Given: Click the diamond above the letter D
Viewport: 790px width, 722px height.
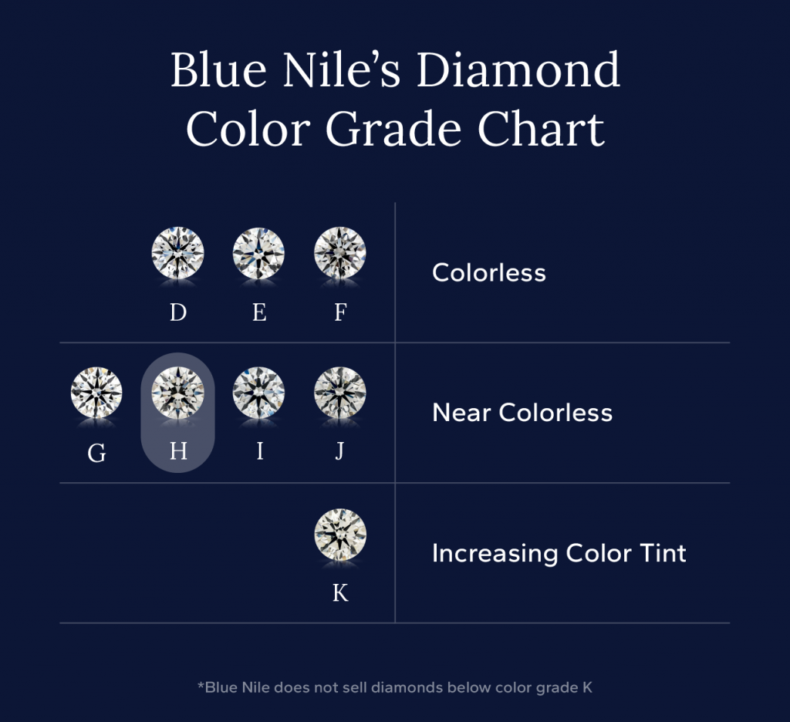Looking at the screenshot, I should (x=178, y=253).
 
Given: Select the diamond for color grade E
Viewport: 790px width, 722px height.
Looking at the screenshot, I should (x=259, y=253).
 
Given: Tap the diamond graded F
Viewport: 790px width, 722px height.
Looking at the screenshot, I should (x=340, y=253).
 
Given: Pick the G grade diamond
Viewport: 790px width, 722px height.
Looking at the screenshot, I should (x=96, y=393).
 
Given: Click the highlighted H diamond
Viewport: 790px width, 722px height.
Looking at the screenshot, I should (x=178, y=393).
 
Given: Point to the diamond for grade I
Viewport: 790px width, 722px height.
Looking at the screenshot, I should (x=259, y=393).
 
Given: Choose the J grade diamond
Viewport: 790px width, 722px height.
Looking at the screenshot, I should (x=340, y=393).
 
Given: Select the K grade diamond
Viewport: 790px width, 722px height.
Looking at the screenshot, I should (x=340, y=534).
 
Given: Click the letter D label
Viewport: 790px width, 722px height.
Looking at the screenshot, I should (x=178, y=312).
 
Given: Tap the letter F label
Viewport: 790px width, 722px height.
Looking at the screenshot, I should (x=340, y=312).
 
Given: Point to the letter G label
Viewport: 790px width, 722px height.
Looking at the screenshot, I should (x=96, y=453).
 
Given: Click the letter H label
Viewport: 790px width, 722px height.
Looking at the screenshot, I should (x=178, y=451).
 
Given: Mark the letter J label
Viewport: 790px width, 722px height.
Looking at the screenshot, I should (x=339, y=451).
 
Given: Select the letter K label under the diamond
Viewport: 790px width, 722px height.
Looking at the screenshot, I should (x=340, y=592).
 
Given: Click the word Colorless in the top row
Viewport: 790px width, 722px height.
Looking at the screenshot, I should (x=489, y=272).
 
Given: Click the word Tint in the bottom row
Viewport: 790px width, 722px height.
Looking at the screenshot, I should (x=660, y=553).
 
